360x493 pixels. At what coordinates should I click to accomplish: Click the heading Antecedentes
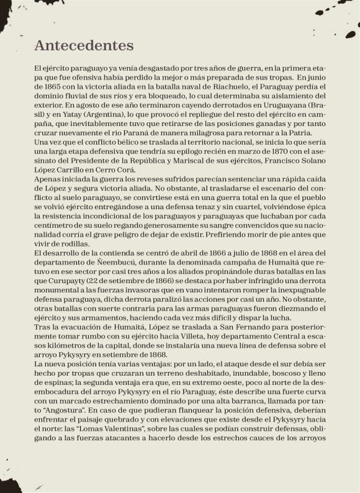click(x=84, y=46)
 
